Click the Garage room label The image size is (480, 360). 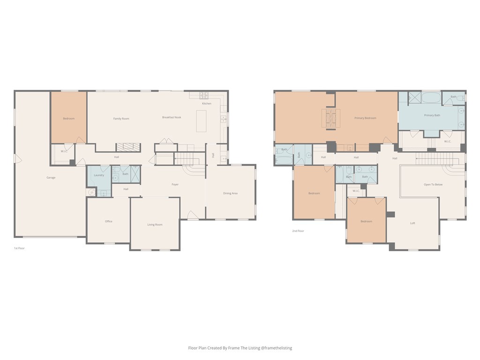51,178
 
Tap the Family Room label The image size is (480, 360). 121,119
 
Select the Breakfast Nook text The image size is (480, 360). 172,117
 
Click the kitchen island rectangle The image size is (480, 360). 202,121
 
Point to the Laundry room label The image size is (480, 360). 98,175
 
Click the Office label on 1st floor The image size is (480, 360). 108,221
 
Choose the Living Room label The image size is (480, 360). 155,225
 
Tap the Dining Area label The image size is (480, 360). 230,193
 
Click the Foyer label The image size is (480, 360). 175,185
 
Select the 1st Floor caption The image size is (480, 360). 19,248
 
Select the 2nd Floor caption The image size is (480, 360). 298,231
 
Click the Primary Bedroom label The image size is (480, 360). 365,118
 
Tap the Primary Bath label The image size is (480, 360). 432,115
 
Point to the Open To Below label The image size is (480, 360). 433,185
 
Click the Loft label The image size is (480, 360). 412,223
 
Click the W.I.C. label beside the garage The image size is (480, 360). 64,151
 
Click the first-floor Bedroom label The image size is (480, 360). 68,119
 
